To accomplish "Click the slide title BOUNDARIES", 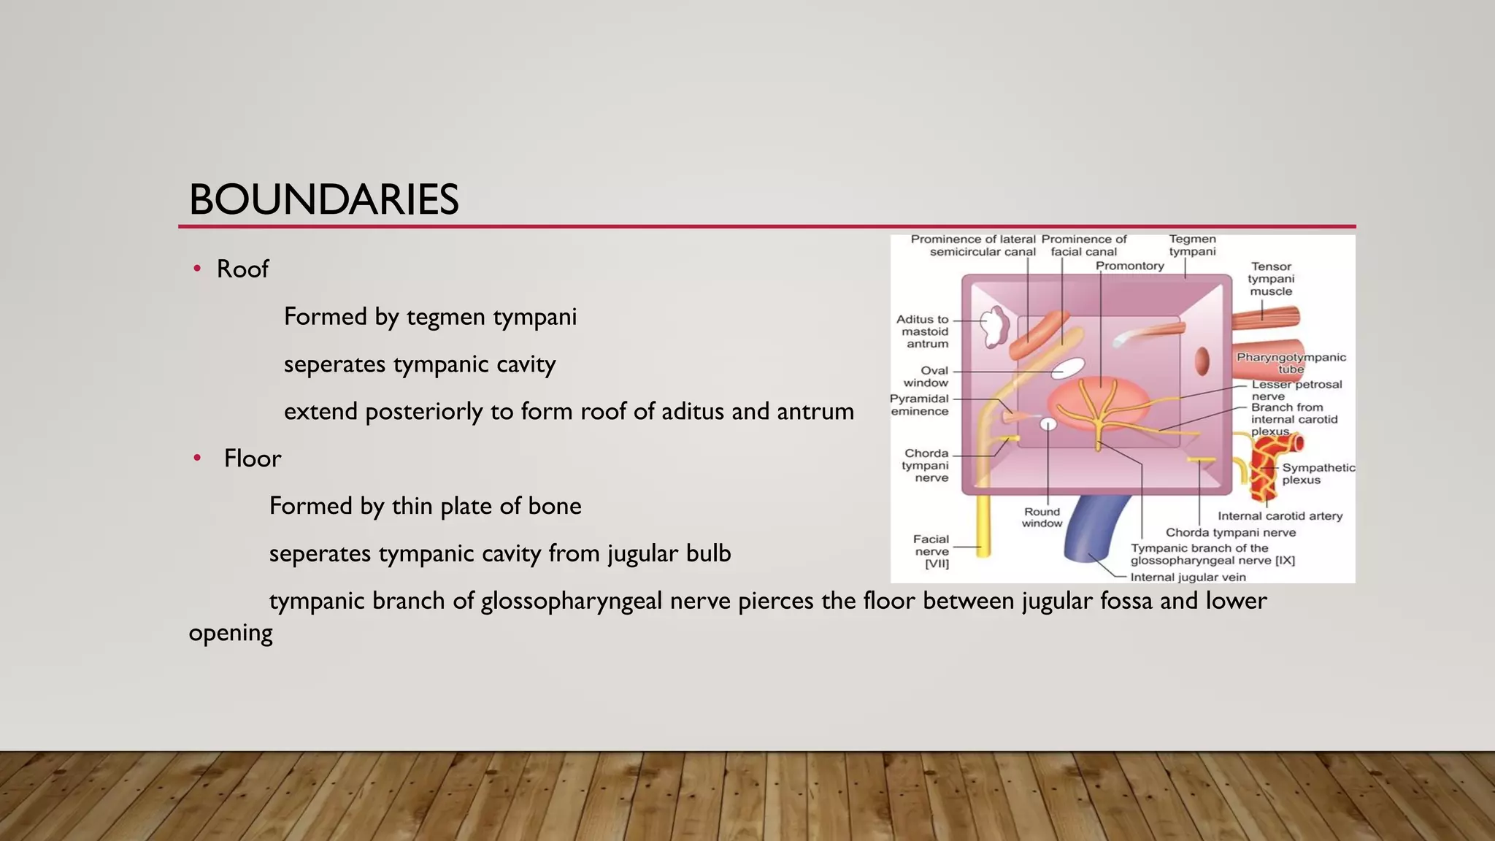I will (x=323, y=200).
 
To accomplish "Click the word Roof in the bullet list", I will (x=242, y=269).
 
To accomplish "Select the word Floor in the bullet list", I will (x=253, y=458).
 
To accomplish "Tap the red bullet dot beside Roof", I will (x=197, y=269).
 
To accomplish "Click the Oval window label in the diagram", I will (x=926, y=377).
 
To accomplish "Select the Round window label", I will (x=1042, y=518).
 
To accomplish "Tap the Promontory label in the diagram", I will (x=1129, y=266).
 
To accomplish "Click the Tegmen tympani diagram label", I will (x=1192, y=245).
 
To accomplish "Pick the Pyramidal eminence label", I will (x=919, y=405).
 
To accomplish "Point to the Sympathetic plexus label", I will (x=1318, y=474).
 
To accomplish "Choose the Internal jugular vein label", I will (x=1188, y=577).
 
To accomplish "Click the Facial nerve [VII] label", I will (x=931, y=551).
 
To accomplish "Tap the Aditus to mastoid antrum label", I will (x=923, y=331).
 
